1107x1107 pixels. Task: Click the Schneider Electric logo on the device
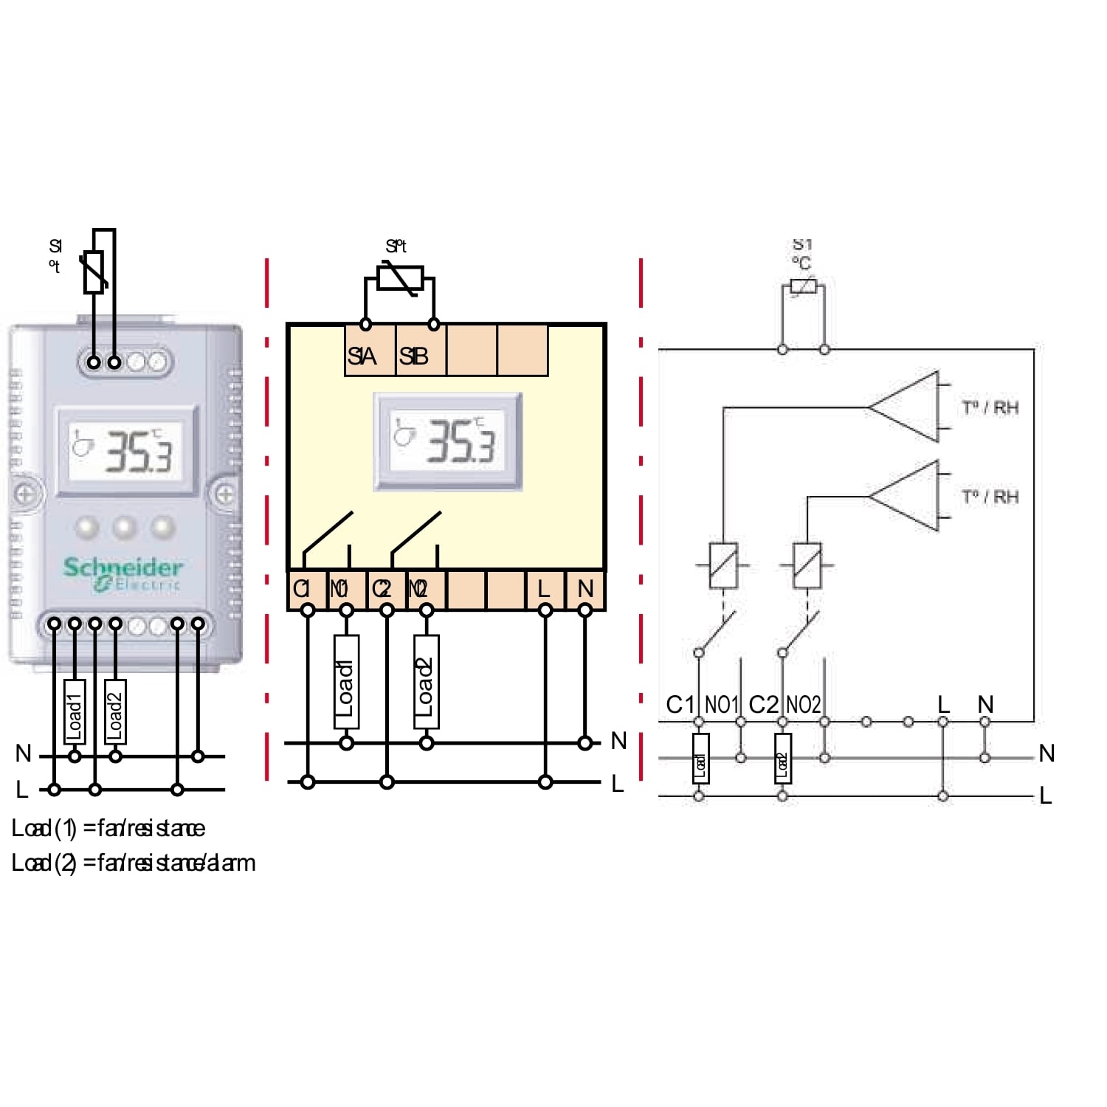click(x=123, y=574)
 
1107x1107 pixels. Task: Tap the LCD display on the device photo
click(x=127, y=450)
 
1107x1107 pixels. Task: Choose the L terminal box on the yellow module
click(x=545, y=590)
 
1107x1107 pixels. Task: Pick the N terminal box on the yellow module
click(x=585, y=590)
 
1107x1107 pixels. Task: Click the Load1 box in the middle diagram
click(x=346, y=681)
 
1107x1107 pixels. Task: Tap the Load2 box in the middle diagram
click(x=426, y=681)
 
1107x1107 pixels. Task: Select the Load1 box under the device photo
click(x=75, y=711)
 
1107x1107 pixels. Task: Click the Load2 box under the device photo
click(x=115, y=711)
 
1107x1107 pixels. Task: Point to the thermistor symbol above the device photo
click(x=94, y=272)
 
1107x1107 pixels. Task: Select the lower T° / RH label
click(x=990, y=497)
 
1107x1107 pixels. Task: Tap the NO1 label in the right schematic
click(x=721, y=705)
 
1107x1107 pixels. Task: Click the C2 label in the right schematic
click(x=763, y=705)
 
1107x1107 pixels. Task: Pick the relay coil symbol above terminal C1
click(x=723, y=565)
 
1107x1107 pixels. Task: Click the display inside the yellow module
click(x=448, y=441)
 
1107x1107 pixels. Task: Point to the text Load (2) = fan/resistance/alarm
click(x=134, y=863)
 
